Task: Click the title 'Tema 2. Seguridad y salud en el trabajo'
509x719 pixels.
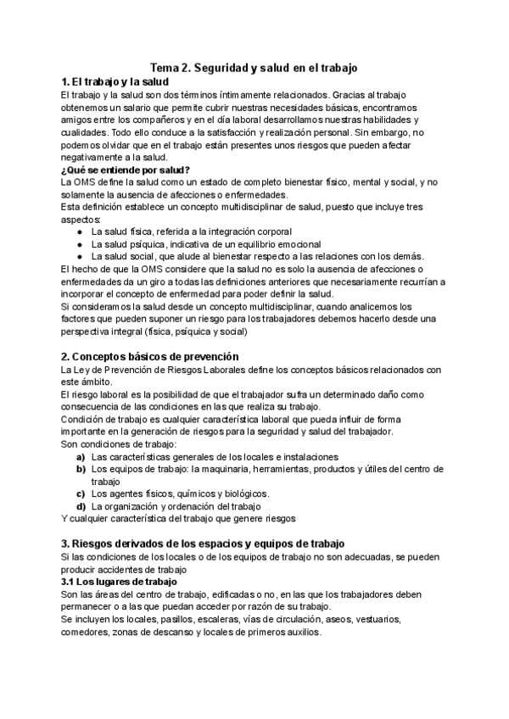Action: pos(255,66)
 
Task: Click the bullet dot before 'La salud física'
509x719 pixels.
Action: pos(79,231)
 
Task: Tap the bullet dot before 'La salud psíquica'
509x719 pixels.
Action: pos(79,244)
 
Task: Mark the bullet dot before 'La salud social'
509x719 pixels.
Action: pos(79,257)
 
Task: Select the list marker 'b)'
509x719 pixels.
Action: pos(81,469)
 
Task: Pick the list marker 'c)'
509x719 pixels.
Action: pos(81,493)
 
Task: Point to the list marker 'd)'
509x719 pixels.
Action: pos(81,506)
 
